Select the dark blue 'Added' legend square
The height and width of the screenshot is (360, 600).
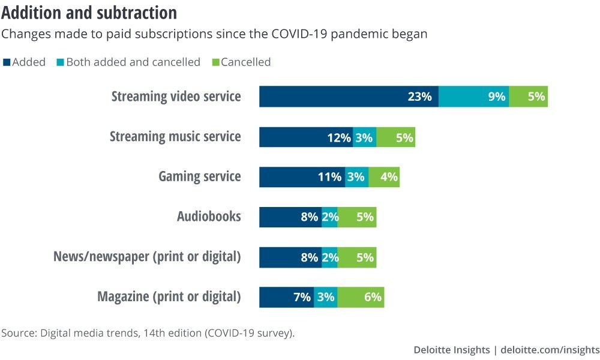point(7,62)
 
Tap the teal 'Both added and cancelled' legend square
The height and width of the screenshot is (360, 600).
point(60,62)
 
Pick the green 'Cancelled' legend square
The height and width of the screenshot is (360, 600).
point(216,62)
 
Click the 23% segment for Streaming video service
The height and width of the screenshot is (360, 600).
point(349,97)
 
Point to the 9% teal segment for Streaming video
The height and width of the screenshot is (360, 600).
point(473,97)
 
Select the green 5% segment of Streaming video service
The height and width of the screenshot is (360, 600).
point(528,97)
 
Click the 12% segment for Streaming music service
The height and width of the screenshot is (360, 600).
point(306,137)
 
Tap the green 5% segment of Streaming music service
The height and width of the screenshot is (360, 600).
point(395,137)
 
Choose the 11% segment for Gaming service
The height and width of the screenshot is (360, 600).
point(302,177)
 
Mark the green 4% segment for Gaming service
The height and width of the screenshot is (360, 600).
point(384,177)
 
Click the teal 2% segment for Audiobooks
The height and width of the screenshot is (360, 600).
point(329,217)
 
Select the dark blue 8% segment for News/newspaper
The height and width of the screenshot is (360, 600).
point(290,257)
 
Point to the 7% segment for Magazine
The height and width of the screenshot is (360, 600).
point(286,297)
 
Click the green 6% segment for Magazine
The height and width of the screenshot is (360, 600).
point(361,297)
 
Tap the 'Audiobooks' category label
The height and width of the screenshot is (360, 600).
point(209,217)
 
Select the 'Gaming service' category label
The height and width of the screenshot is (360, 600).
point(199,176)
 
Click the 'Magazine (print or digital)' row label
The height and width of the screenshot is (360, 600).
point(169,297)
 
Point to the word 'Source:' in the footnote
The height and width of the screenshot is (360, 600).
point(18,333)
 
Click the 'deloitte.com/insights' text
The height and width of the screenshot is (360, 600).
point(550,350)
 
